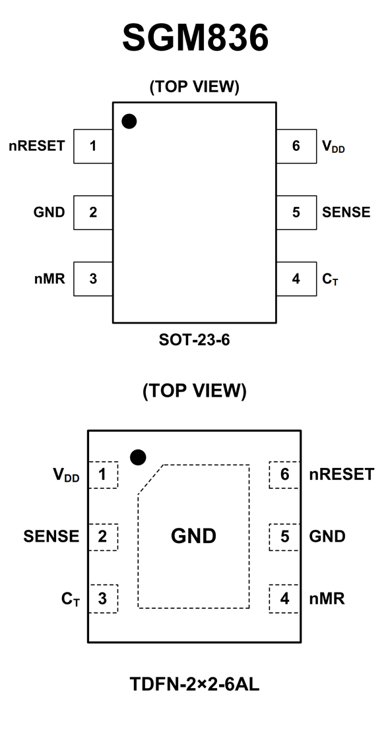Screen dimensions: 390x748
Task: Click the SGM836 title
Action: (195, 38)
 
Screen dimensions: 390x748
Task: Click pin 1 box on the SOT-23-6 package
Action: (93, 146)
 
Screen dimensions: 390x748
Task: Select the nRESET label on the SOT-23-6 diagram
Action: (37, 146)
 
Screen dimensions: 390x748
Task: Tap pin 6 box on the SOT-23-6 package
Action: (296, 146)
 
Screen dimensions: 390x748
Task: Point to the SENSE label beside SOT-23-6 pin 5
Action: (346, 212)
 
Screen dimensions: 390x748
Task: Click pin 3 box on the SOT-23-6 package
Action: (93, 279)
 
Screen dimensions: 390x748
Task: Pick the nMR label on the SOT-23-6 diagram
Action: (49, 279)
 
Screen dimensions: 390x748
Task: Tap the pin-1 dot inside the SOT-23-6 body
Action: (129, 121)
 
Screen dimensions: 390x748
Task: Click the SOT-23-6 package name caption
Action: (195, 340)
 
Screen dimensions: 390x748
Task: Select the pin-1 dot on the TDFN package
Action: (138, 457)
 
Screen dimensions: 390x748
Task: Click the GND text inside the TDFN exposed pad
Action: (193, 536)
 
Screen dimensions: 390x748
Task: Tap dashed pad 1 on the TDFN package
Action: (103, 475)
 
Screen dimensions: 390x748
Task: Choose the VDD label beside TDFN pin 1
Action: (66, 475)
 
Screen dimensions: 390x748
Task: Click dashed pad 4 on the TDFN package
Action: (284, 598)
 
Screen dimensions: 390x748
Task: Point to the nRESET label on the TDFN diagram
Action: (342, 475)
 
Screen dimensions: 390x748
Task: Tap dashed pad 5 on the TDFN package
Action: (284, 537)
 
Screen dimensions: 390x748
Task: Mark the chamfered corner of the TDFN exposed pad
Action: (150, 479)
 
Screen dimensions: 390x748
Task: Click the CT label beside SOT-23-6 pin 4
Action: (330, 279)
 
